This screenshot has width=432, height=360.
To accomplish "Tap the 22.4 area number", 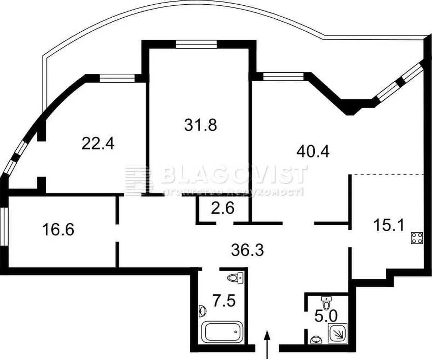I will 98,144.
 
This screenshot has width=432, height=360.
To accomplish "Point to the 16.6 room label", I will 58,229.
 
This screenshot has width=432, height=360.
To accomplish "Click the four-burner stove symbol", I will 417,238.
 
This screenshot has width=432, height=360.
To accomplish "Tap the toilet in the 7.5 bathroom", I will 236,277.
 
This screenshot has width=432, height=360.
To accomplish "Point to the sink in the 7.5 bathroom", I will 203,310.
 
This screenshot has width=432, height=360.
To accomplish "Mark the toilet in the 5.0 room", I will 326,303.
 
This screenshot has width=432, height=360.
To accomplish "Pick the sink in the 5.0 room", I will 316,339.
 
